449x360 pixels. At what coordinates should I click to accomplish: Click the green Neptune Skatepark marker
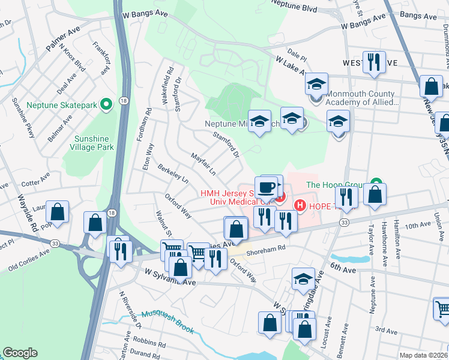(x=107, y=105)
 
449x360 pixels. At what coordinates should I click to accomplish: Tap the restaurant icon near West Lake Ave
(x=375, y=62)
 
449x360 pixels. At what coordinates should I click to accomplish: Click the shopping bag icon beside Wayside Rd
(x=58, y=212)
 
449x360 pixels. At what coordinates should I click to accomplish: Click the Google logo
(x=20, y=353)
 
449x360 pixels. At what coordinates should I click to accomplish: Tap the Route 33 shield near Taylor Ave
(x=343, y=222)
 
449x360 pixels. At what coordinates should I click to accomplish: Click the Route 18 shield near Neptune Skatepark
(x=123, y=100)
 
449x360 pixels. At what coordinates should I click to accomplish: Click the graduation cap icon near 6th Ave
(x=303, y=278)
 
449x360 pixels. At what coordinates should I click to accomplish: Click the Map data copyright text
(x=424, y=355)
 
